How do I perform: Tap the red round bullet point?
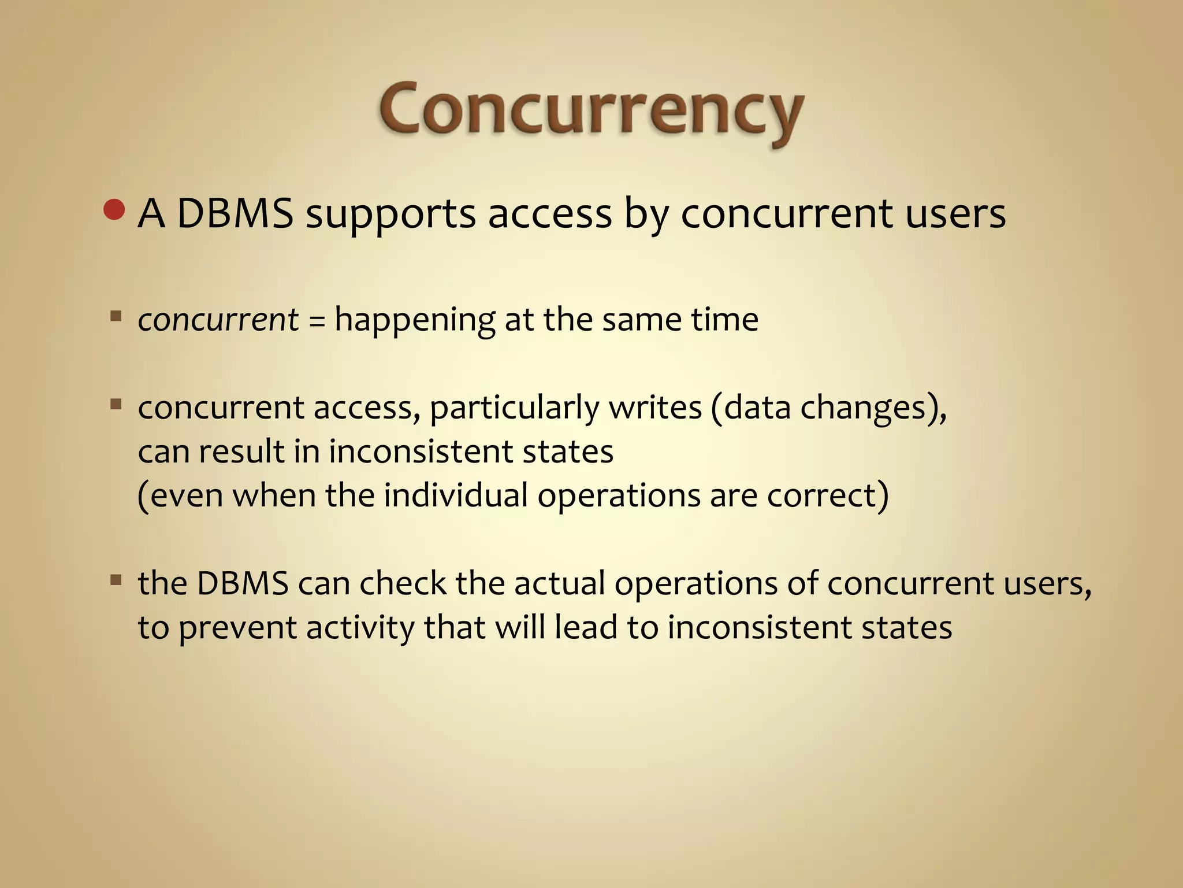pyautogui.click(x=114, y=210)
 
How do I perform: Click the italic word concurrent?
pyautogui.click(x=218, y=320)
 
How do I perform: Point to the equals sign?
pyautogui.click(x=317, y=321)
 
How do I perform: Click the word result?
pyautogui.click(x=241, y=451)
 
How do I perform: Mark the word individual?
pyautogui.click(x=455, y=495)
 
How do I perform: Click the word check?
pyautogui.click(x=403, y=583)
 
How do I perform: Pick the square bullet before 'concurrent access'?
pyautogui.click(x=116, y=403)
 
